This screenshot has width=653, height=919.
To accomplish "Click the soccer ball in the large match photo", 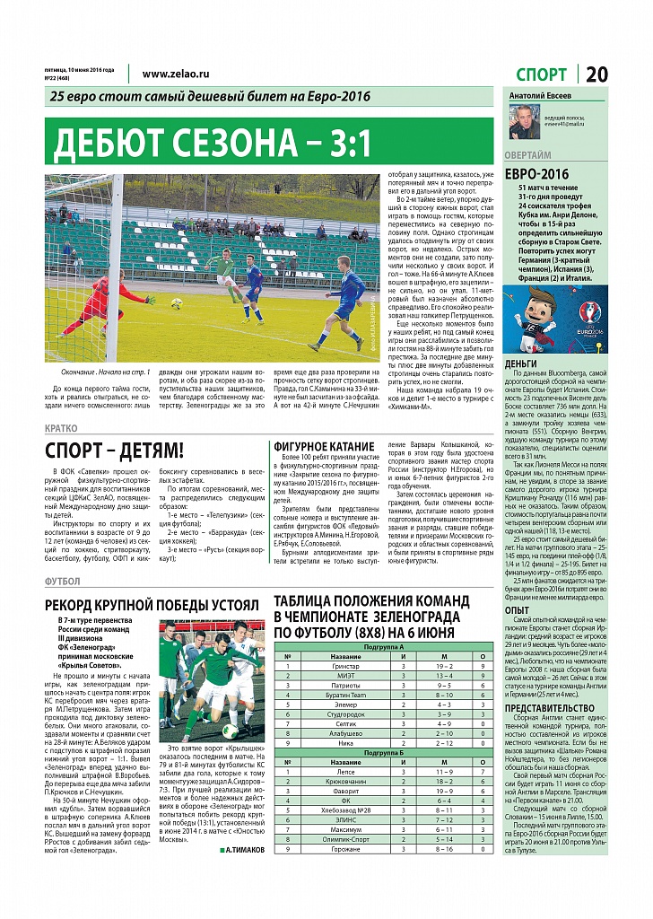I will pos(177,302).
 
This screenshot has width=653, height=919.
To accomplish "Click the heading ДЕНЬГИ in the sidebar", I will pos(521,363).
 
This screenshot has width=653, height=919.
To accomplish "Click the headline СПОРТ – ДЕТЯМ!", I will pos(115,451).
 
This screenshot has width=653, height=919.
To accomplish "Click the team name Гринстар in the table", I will pos(346,667).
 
